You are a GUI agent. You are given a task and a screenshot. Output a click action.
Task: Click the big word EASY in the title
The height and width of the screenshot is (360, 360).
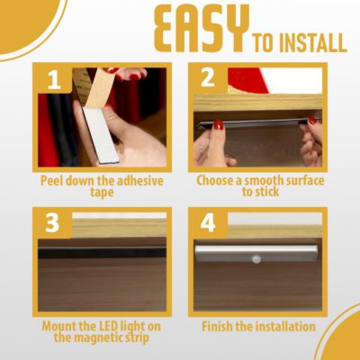click(202, 29)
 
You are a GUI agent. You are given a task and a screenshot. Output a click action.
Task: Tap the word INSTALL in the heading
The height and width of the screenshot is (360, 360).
click(313, 43)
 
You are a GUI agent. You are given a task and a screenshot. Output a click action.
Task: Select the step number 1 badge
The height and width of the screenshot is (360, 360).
click(55, 80)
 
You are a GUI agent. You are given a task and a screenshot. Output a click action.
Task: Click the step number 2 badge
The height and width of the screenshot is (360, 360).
click(208, 77)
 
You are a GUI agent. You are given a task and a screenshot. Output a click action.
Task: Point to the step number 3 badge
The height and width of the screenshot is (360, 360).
click(52, 223)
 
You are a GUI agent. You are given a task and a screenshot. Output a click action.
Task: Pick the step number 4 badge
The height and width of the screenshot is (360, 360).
click(208, 223)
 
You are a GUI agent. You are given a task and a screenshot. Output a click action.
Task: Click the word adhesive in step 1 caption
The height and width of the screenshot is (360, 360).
click(140, 181)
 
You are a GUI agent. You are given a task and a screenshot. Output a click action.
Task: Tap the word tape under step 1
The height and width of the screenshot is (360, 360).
click(102, 193)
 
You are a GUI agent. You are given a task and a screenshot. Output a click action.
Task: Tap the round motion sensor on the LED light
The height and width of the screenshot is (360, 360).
click(256, 259)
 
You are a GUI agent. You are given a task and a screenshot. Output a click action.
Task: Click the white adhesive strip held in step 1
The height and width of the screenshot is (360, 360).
click(101, 135)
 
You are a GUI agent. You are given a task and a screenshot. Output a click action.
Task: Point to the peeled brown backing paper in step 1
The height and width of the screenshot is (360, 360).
click(99, 89)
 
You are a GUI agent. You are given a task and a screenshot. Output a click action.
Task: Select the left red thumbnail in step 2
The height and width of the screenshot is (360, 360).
click(219, 124)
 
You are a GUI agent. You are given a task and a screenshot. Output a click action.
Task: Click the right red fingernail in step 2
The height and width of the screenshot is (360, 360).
click(312, 120)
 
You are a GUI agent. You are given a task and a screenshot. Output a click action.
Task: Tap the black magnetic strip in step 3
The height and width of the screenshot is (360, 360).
click(102, 253)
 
